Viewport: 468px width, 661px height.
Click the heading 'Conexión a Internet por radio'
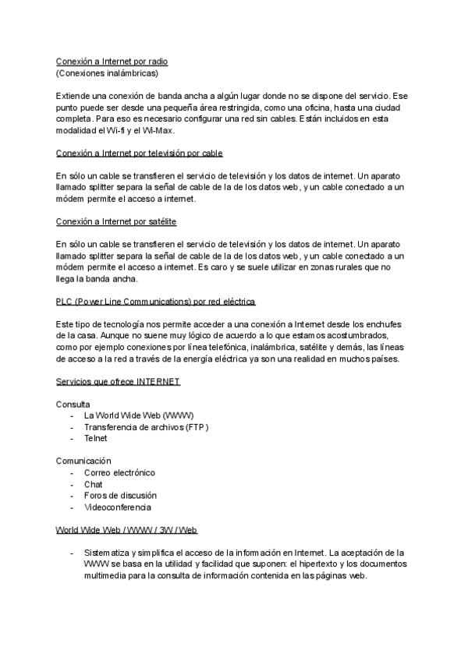[112, 61]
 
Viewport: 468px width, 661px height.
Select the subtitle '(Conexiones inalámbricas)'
[107, 72]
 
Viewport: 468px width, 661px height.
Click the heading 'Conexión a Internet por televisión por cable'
[140, 153]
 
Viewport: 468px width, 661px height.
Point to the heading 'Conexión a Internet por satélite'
[115, 221]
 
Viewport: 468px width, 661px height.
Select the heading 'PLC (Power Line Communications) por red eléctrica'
[156, 301]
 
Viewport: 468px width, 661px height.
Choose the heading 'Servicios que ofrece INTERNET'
[118, 381]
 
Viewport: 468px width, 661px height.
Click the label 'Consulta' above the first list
[73, 404]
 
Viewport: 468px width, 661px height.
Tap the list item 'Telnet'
[95, 438]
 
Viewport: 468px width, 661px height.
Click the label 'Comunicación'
[83, 461]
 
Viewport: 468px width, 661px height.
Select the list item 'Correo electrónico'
[119, 472]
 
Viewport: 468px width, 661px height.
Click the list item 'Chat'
[93, 484]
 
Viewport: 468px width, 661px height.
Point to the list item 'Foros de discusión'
[120, 495]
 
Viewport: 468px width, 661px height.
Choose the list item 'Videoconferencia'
[118, 507]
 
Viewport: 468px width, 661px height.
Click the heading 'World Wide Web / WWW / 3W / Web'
[126, 530]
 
